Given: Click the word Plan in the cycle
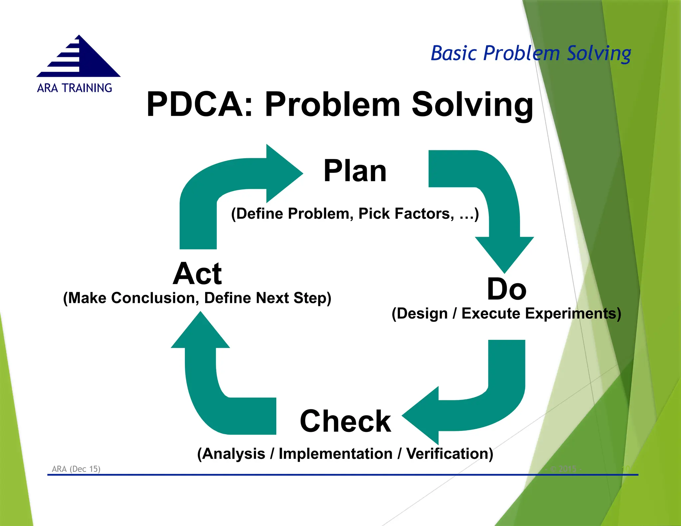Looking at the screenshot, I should coord(355,171).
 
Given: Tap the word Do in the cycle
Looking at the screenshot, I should coord(506,289).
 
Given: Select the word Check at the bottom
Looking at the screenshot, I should coord(345,421).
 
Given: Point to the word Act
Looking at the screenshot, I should coord(197,274).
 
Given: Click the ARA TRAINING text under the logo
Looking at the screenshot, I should coord(74,88).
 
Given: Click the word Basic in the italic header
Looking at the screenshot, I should coord(454,53).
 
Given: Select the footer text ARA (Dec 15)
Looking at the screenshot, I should coord(76,469).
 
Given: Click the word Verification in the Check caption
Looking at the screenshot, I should coord(449,454).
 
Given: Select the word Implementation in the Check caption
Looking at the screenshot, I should coord(336,454).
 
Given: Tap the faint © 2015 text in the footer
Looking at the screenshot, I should coord(564,469).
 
